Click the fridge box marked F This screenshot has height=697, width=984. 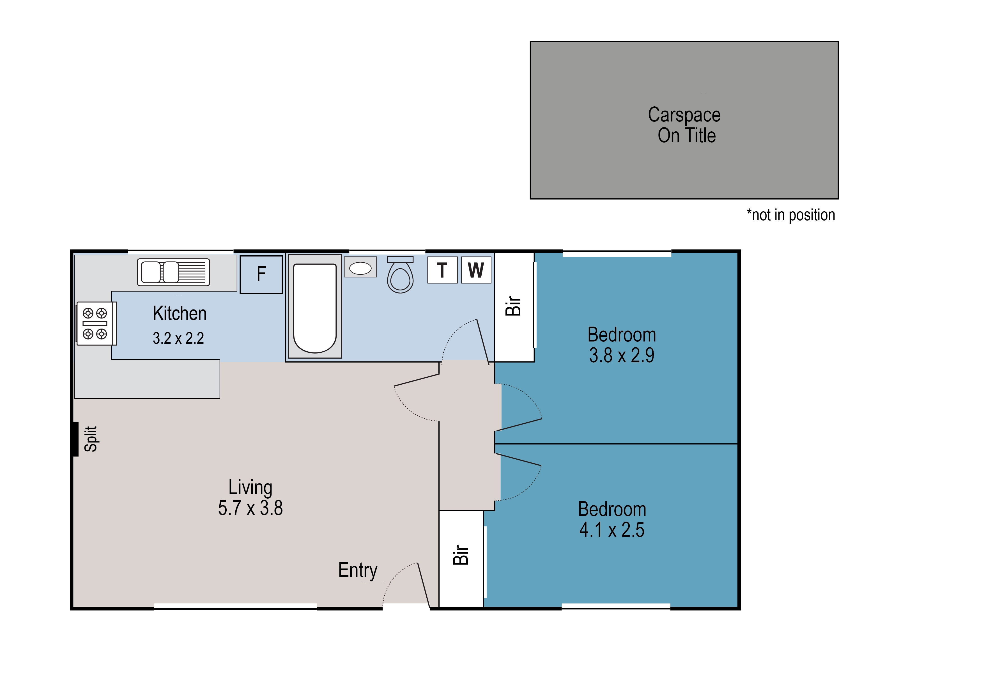pyautogui.click(x=261, y=275)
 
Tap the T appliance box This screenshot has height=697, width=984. pyautogui.click(x=442, y=270)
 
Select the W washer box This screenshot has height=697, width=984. pyautogui.click(x=476, y=270)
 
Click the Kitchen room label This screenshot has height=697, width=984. pyautogui.click(x=180, y=313)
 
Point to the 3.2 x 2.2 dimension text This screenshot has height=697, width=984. pyautogui.click(x=178, y=338)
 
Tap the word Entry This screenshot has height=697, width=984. pyautogui.click(x=358, y=571)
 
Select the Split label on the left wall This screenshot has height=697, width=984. pyautogui.click(x=91, y=439)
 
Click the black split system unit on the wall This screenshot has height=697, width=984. pyautogui.click(x=75, y=439)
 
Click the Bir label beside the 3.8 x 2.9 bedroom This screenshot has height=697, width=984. pyautogui.click(x=513, y=306)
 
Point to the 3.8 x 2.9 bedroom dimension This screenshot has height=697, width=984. pyautogui.click(x=622, y=355)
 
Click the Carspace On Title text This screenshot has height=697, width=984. pyautogui.click(x=685, y=125)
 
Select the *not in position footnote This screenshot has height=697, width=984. pyautogui.click(x=791, y=215)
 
